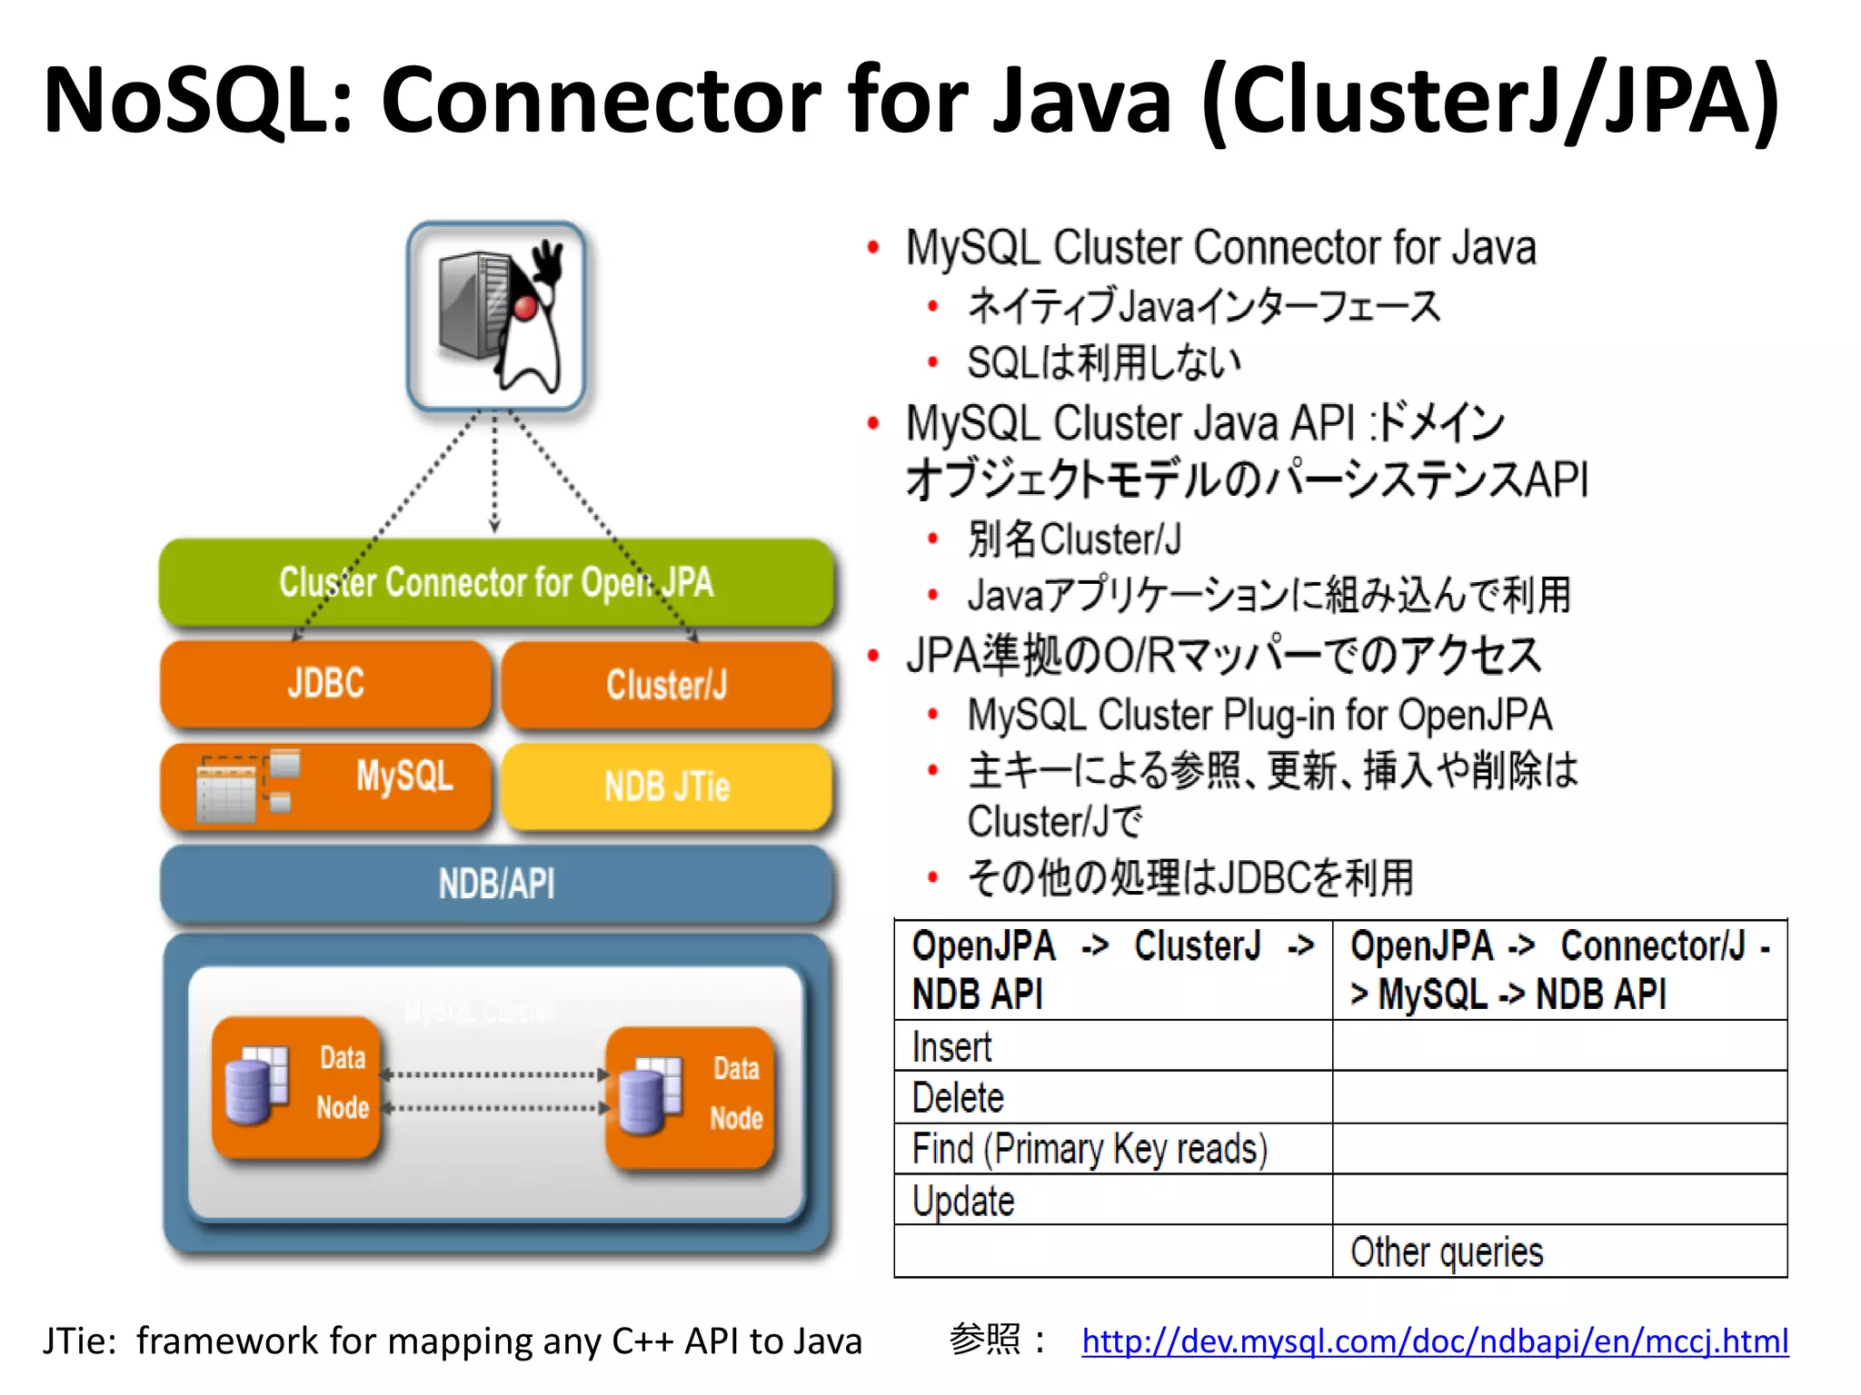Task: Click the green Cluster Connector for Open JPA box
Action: (496, 582)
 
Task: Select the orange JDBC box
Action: (325, 683)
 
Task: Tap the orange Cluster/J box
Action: (666, 685)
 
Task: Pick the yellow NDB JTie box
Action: (666, 787)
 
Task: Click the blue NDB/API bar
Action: (496, 884)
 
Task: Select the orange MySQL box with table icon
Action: (325, 786)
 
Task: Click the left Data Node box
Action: (295, 1085)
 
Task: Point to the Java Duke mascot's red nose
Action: (525, 308)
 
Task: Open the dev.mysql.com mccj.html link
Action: (1434, 1341)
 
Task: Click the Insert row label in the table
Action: (951, 1047)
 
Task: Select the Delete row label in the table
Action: (958, 1098)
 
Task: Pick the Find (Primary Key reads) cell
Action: (1089, 1149)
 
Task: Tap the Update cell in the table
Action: (963, 1201)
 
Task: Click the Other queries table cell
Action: (1447, 1252)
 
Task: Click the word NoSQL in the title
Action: (195, 100)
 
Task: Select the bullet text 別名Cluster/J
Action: (1074, 539)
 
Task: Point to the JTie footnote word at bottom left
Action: (78, 1341)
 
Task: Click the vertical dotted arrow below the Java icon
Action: (494, 472)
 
